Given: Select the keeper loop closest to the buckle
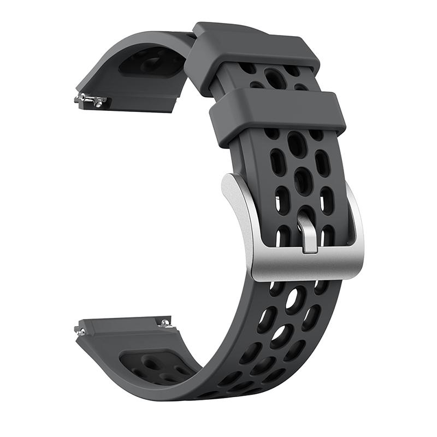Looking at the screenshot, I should (x=277, y=116).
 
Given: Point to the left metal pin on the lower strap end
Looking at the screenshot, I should (x=81, y=330).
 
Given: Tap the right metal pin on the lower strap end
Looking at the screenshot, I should (x=163, y=323).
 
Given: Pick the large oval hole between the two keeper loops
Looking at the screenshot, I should (x=274, y=78).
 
